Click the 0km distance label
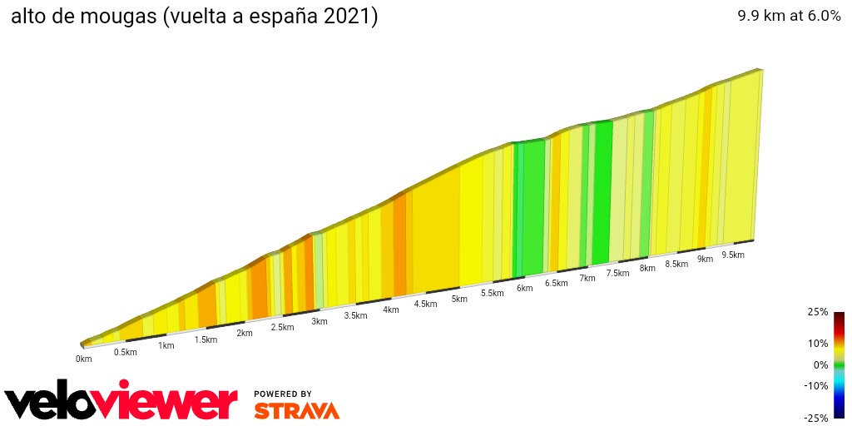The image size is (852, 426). coord(83,359)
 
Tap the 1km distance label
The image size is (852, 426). coord(166,345)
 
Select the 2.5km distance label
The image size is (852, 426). coord(282,327)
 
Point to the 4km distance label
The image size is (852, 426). coord(391,310)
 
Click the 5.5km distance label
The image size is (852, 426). coord(492,293)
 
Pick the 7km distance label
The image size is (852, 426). coord(587,278)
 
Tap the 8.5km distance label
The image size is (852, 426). coord(676,264)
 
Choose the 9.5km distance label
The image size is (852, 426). coord(732,255)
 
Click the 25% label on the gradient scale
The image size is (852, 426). coord(818,312)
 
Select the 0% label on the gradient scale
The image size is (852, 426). coord(820,364)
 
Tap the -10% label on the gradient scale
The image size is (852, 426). coord(816,385)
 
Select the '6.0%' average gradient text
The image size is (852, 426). coord(822,16)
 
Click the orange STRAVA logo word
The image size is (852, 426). coord(296,411)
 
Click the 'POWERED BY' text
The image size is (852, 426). coord(283,394)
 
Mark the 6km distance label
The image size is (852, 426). coord(524,288)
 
